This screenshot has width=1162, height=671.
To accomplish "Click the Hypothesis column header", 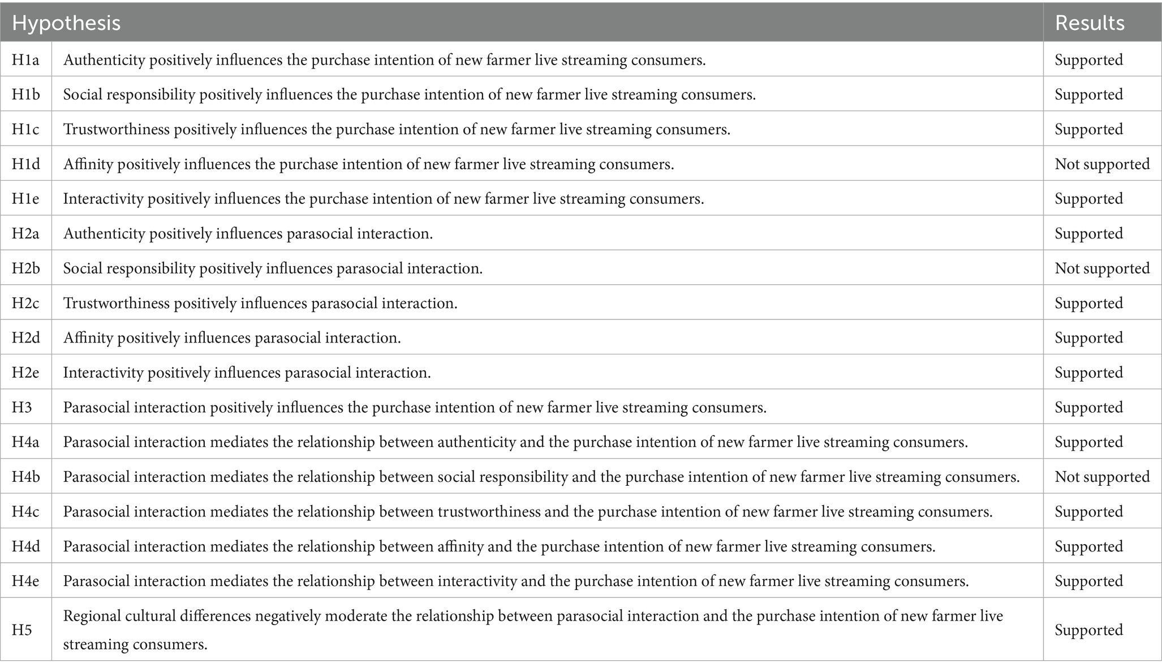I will point(66,23).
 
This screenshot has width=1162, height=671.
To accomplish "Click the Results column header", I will point(1090,23).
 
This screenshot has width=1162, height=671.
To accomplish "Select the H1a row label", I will point(25,59).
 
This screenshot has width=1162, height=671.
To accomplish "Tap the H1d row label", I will point(26,164).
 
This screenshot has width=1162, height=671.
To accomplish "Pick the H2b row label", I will point(26,268).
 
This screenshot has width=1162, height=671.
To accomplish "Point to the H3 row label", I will point(22,408).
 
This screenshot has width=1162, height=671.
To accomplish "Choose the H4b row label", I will point(26,477).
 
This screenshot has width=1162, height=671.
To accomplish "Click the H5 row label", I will point(22,630).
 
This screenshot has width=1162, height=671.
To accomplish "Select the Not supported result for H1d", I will point(1102,164).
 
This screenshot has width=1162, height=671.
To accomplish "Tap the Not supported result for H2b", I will point(1102,268).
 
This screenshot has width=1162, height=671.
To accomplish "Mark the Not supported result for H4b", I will point(1102,477).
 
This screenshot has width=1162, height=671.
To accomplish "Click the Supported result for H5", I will point(1088,630).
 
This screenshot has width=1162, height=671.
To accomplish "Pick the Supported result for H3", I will point(1088,408).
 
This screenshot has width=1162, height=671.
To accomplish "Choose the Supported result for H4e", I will point(1088,581).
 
